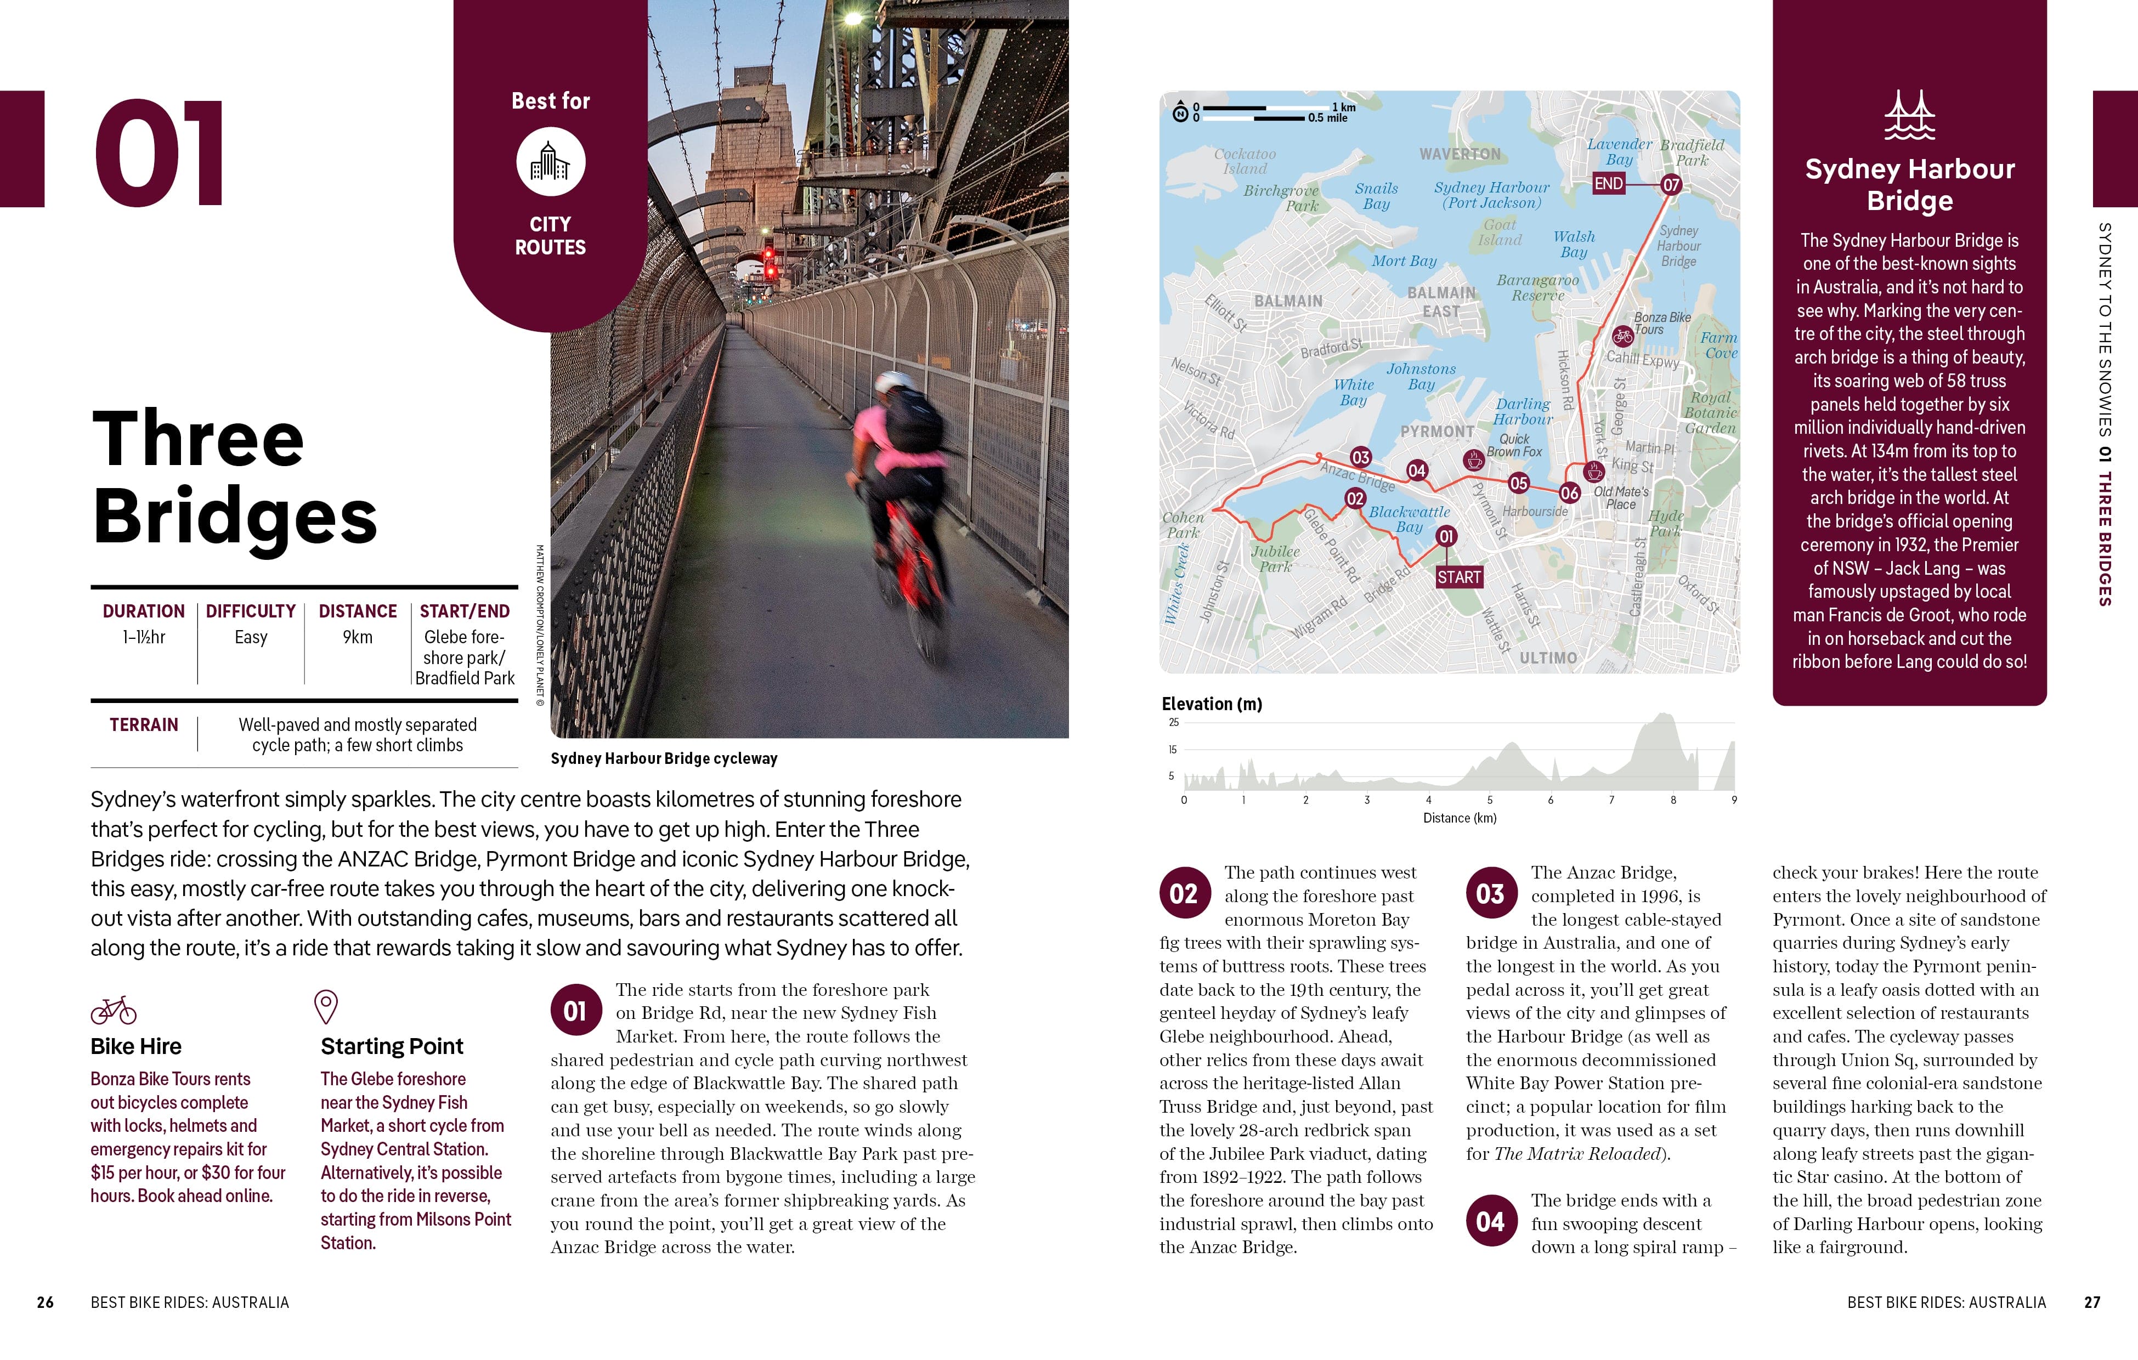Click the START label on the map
[1459, 577]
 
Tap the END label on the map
[1608, 184]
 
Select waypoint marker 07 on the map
[1671, 185]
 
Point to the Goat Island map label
[1500, 233]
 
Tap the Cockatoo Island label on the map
[1245, 161]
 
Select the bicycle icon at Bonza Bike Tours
[1622, 337]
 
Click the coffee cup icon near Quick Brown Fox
[1474, 460]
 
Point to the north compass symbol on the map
[1180, 113]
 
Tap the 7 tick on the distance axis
[1611, 800]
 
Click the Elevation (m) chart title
[1211, 704]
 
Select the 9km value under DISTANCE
[358, 637]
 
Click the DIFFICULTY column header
[250, 611]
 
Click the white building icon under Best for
[551, 162]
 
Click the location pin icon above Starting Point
[326, 1007]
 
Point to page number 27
[2092, 1302]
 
